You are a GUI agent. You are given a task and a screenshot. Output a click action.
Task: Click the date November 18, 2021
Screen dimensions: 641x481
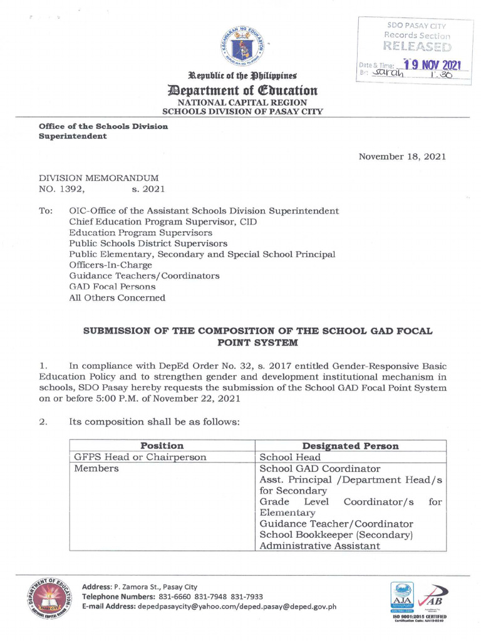point(402,156)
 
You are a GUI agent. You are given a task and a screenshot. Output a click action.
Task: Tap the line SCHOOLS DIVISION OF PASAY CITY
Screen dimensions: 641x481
point(242,111)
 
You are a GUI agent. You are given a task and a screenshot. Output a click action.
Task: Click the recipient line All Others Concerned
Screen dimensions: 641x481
point(117,298)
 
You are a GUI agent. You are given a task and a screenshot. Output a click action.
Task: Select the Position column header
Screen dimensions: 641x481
point(162,446)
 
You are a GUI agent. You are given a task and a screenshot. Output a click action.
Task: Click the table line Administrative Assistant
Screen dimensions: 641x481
point(319,546)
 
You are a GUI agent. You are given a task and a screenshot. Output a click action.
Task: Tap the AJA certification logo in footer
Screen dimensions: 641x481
point(401,598)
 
